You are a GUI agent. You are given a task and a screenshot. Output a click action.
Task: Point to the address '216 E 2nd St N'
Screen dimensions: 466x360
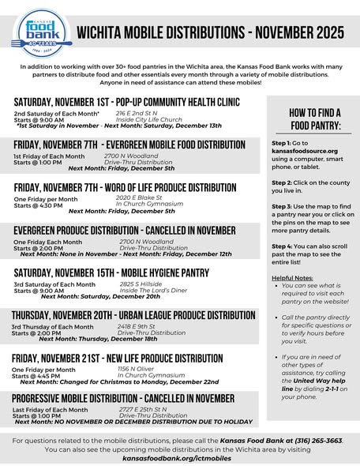pos(136,114)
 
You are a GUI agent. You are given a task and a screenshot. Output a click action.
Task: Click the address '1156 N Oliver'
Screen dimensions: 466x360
pos(134,368)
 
